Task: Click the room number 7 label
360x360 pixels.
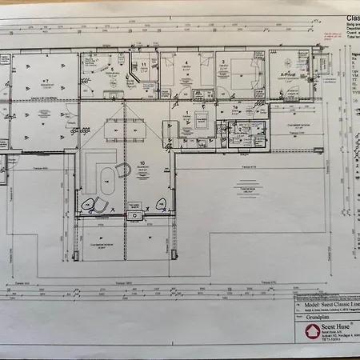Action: (47, 81)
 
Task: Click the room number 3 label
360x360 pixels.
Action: (223, 61)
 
